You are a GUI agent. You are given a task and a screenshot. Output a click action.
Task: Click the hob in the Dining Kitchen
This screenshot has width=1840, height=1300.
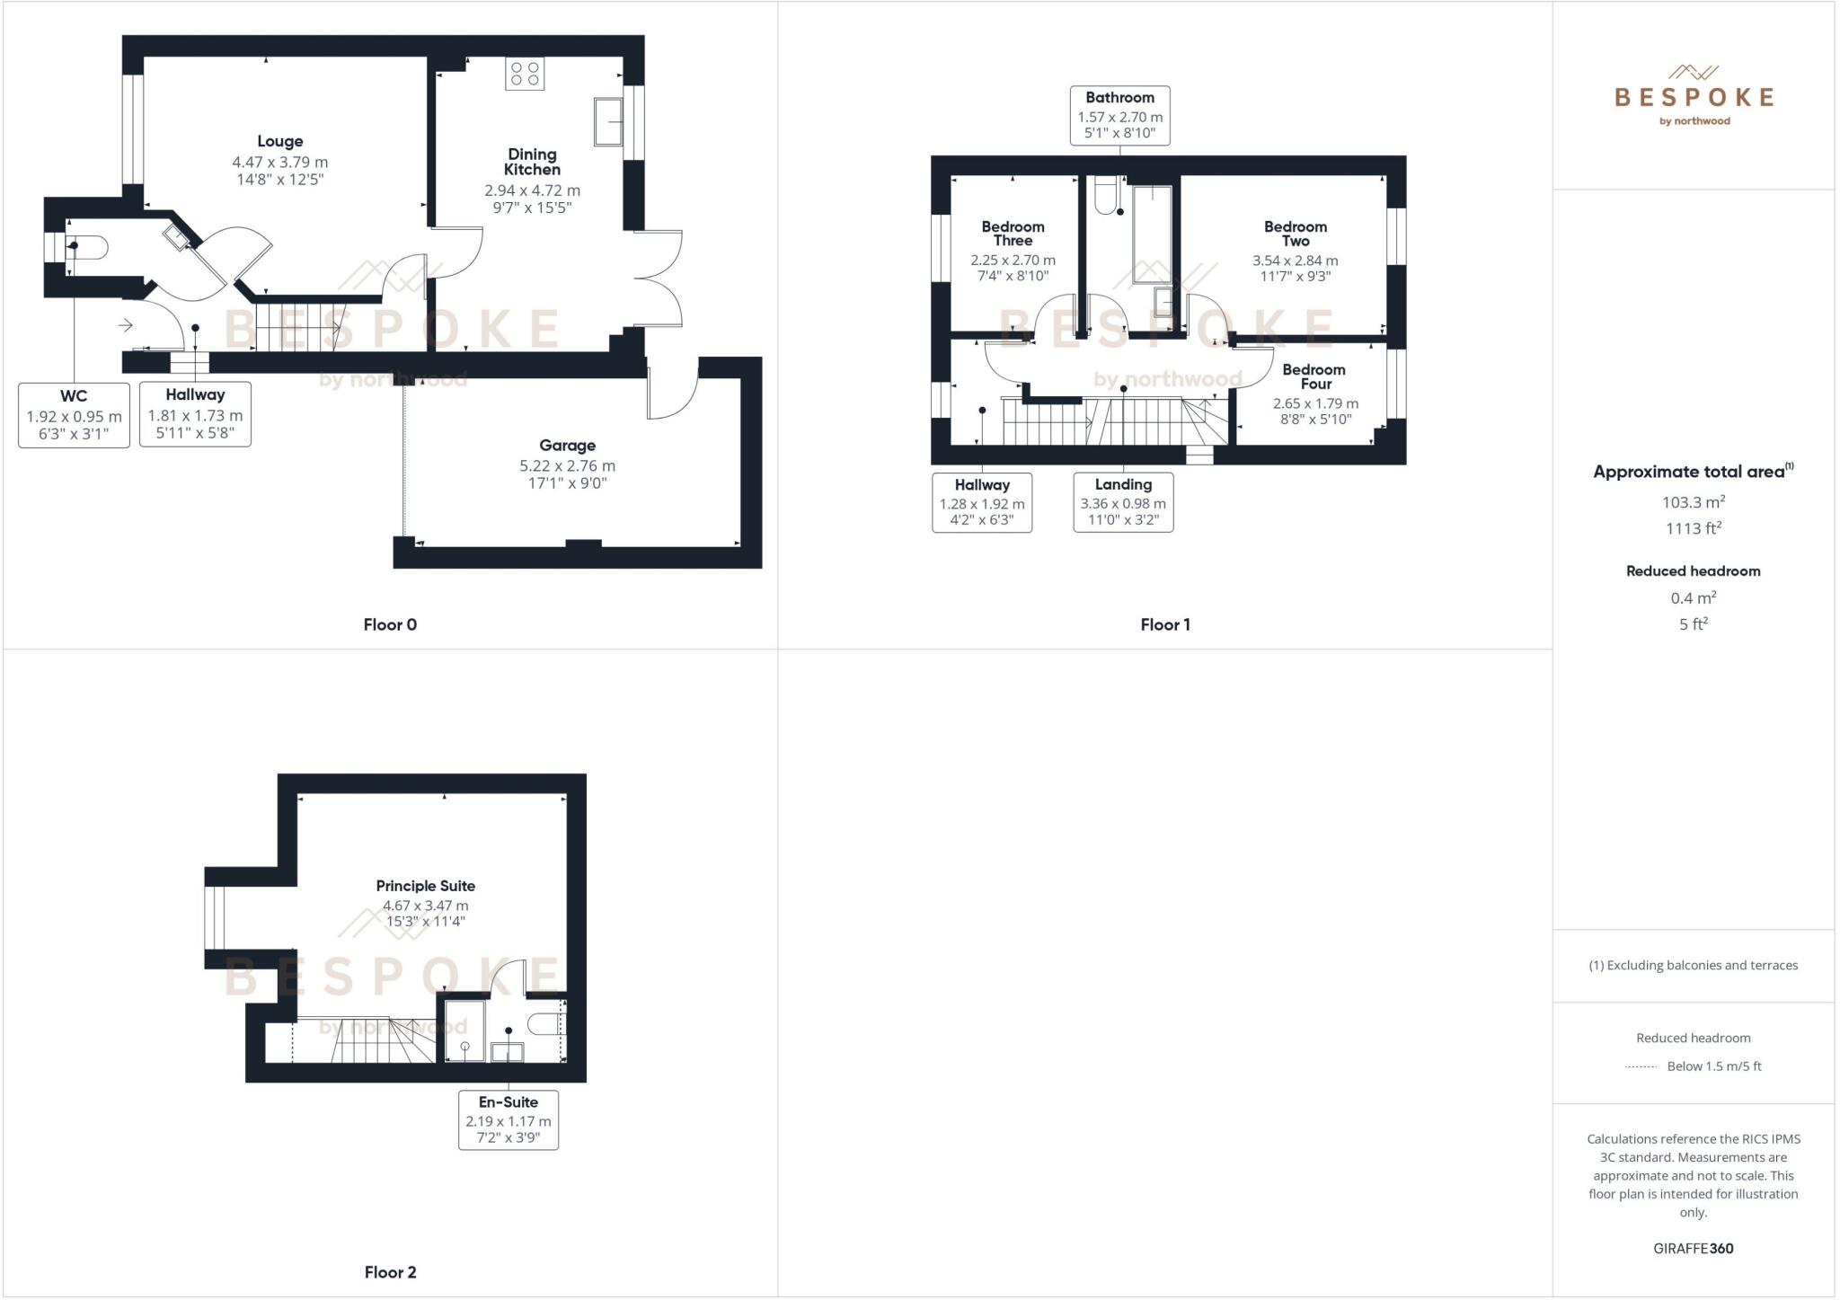point(524,74)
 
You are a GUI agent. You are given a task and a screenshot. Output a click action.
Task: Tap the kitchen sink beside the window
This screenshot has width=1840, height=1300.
point(608,121)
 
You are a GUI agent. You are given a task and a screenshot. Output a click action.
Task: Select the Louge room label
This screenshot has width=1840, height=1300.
point(279,141)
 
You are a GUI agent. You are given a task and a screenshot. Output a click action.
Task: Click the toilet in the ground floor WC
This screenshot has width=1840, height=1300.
point(89,246)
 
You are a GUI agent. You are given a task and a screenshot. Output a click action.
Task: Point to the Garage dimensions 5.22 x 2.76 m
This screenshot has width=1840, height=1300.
point(567,465)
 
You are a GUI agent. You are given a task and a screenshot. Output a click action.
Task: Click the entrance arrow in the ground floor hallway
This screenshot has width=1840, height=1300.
point(126,325)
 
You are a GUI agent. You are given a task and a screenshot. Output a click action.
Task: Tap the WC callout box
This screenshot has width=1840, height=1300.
point(74,415)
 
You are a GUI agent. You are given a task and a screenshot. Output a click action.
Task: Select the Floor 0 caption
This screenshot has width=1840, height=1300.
point(390,624)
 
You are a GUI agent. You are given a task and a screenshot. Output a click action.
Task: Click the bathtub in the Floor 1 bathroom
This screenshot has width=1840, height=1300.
point(1152,234)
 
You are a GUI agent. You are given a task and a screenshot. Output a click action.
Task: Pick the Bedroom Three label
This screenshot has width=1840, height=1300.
point(1013,234)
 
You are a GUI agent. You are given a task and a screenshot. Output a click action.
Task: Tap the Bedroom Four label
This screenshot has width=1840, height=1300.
point(1314,376)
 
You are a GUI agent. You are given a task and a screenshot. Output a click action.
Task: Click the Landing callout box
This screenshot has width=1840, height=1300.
point(1123,502)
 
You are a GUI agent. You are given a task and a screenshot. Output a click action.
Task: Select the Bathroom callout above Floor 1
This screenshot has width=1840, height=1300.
point(1119,115)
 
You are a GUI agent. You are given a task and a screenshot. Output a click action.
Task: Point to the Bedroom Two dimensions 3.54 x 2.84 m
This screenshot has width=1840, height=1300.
point(1295,261)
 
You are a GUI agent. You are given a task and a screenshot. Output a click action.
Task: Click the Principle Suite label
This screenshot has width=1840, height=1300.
point(425,886)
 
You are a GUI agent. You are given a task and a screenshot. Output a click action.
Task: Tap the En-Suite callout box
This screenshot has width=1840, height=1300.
point(508,1119)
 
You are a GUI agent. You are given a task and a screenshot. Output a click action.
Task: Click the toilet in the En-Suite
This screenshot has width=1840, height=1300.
point(544,1023)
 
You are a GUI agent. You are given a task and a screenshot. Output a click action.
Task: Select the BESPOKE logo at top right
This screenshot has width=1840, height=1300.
point(1694,96)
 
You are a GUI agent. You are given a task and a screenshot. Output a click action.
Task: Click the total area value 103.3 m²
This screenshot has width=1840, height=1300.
point(1693,502)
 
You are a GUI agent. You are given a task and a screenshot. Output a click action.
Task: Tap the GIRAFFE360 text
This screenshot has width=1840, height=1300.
point(1693,1248)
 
